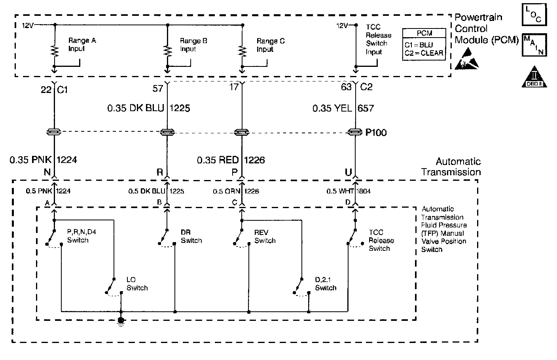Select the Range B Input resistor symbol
tap(168, 51)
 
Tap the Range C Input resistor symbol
tap(242, 51)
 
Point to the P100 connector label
tap(376, 133)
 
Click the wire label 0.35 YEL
tap(332, 108)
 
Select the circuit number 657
tap(366, 108)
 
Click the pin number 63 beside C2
tap(346, 87)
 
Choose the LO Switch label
tap(137, 284)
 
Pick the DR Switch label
tap(191, 237)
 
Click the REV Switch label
tap(265, 237)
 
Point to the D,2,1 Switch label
tap(326, 284)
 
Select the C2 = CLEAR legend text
tap(424, 53)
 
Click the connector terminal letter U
tap(348, 172)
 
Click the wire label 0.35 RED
tap(218, 160)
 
